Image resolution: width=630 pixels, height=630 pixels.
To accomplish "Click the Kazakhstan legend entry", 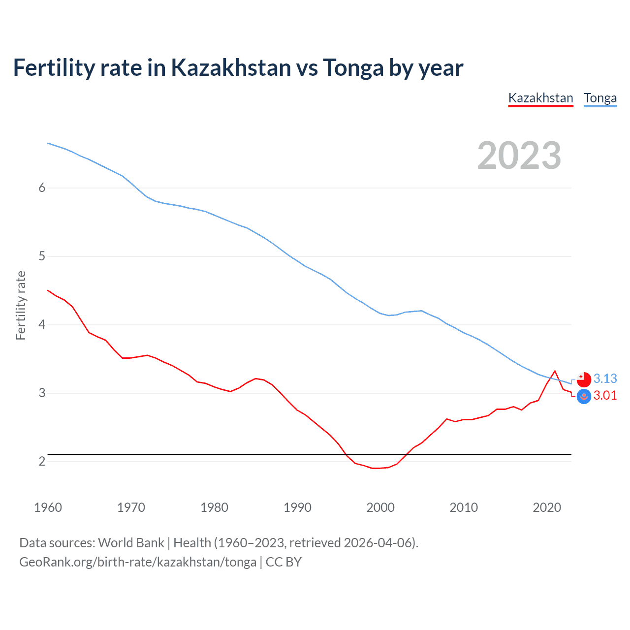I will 540,98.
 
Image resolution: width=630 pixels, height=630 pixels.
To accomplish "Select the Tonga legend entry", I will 600,98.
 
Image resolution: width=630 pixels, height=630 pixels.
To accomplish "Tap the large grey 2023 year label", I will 519,156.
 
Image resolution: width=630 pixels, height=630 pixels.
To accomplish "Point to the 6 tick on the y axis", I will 42,188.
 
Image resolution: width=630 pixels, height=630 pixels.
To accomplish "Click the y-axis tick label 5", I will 42,256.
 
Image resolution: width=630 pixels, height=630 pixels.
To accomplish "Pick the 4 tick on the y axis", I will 42,324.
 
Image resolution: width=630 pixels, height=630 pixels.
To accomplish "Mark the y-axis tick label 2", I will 42,461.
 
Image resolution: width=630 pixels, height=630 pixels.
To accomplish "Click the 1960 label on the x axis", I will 48,507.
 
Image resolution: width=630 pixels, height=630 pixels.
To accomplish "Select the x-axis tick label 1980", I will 214,507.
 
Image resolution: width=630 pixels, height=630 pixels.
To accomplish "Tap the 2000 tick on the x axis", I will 380,507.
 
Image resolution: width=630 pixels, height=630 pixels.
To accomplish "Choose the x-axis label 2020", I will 547,507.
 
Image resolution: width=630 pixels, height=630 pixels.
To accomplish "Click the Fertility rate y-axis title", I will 21,305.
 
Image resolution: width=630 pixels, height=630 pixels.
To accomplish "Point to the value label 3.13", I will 605,378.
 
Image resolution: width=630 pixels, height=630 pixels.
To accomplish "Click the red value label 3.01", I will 605,395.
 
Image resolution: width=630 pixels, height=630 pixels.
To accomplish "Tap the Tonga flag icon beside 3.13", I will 584,379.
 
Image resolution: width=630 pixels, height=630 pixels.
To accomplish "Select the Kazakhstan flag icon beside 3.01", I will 584,396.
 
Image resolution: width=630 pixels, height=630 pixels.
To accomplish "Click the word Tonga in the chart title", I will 352,67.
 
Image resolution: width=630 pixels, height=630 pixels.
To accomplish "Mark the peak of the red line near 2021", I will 555,371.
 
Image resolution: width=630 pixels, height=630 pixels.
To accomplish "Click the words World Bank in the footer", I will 131,542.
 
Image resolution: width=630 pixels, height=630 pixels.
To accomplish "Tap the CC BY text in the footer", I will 283,562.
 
